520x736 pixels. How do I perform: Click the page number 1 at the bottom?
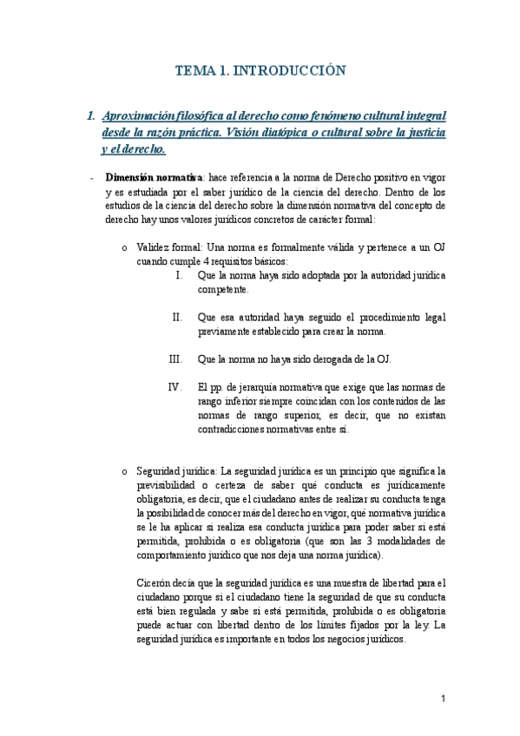(443, 699)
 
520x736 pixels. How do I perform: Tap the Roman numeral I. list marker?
(179, 275)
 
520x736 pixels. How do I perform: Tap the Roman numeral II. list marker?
(177, 317)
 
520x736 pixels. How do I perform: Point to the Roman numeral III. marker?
(175, 358)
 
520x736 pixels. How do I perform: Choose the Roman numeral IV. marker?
(174, 387)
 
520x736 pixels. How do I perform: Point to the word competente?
(223, 289)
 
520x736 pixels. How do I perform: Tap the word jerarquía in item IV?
(272, 387)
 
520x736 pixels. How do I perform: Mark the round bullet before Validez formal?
(125, 248)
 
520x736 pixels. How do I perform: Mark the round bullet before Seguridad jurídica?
(125, 471)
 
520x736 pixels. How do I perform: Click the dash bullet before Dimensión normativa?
(91, 178)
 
